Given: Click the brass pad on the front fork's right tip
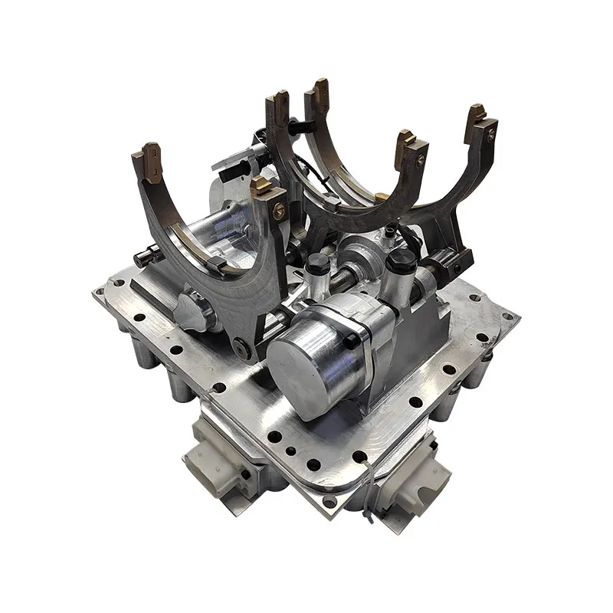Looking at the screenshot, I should tap(264, 187).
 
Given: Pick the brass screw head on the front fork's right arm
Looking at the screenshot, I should tap(279, 208).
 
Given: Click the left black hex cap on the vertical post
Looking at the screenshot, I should tap(319, 262).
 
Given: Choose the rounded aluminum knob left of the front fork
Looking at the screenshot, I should tap(188, 310).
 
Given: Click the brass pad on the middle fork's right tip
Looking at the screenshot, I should tap(406, 147).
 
